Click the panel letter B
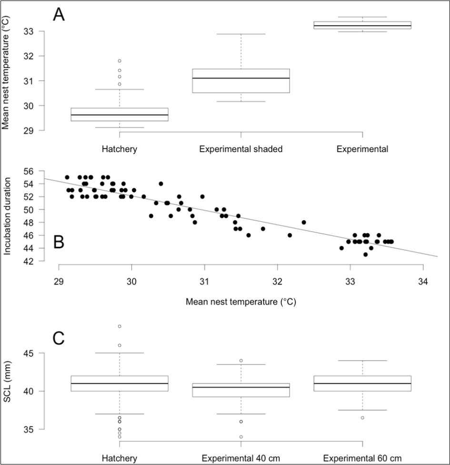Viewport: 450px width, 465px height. pos(59,243)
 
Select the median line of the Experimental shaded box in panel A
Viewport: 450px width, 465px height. pos(240,78)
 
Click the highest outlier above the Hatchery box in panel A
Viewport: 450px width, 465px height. pos(119,61)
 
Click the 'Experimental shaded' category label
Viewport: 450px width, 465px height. pos(240,149)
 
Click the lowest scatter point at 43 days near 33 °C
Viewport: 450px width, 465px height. pos(365,254)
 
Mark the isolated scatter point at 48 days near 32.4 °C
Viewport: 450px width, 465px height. pos(304,222)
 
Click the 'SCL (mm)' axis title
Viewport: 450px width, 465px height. pos(7,391)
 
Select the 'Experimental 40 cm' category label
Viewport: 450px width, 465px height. pos(240,458)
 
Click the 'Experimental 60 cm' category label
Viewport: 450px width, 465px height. pos(362,458)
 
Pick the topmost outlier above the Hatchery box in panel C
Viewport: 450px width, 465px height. pos(119,326)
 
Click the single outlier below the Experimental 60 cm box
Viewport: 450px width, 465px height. pos(362,418)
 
